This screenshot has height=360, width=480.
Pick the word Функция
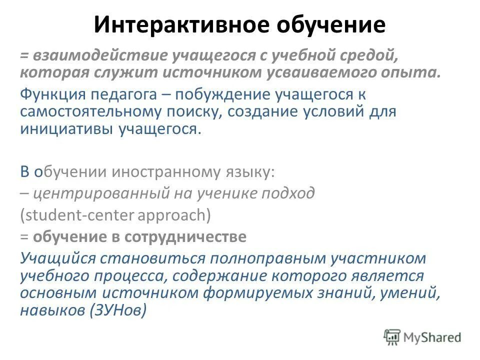(x=52, y=94)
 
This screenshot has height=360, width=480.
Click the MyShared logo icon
(x=392, y=337)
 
